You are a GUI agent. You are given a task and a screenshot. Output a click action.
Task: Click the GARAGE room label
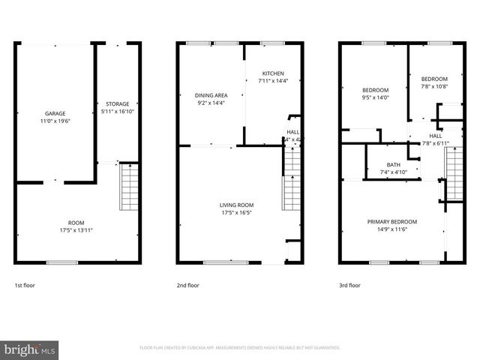coord(55,113)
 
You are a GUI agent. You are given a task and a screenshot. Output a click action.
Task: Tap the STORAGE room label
coord(117,103)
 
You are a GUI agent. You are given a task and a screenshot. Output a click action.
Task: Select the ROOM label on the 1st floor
coord(76,223)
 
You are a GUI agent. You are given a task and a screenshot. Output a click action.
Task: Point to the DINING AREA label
coord(211,95)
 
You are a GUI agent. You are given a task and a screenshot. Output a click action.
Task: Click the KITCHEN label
coord(271,73)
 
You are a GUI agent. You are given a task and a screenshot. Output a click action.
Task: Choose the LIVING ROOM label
coord(236,205)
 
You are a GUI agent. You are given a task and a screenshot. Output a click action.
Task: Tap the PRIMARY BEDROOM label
coord(391,221)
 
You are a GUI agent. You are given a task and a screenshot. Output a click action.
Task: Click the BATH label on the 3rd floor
coord(393,165)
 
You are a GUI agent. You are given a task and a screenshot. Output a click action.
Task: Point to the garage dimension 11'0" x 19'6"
coord(55,121)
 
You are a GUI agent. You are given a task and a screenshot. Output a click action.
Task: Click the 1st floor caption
coord(25,285)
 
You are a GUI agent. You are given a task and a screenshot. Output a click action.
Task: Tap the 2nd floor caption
coord(187,285)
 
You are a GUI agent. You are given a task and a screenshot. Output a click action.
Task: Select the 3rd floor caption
coord(349,285)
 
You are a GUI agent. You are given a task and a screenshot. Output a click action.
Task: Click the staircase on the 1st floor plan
coord(129,187)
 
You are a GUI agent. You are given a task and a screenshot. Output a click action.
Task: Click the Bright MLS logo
coord(30,349)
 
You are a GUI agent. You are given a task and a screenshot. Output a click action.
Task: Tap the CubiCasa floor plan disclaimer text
coord(240,348)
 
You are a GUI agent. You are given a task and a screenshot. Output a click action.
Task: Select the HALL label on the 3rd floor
coord(435,136)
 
